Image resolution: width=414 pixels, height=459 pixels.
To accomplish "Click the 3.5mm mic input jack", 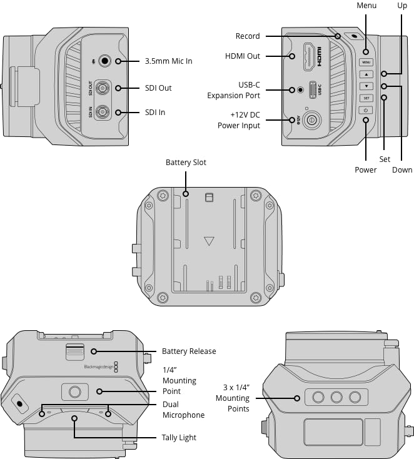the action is click(104, 61).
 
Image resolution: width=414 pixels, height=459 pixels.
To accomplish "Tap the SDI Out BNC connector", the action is click(103, 88).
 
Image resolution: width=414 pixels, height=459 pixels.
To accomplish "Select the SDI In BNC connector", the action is click(103, 112).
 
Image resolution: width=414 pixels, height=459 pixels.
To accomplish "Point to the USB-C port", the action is click(313, 89).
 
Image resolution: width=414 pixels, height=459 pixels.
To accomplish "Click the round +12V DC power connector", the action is click(311, 120).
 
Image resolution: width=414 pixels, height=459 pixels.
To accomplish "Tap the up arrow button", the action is click(366, 74).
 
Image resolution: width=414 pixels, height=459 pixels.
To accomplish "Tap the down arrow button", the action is click(366, 86).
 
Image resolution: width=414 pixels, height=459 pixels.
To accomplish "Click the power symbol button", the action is click(366, 110).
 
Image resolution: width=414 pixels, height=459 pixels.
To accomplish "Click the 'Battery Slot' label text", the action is click(186, 163).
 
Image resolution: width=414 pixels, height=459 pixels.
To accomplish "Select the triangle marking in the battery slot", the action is click(209, 241).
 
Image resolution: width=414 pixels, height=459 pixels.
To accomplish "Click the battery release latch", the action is click(75, 351).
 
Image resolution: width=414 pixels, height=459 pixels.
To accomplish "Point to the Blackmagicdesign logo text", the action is click(98, 367).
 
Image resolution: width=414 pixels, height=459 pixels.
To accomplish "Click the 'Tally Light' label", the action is click(179, 437).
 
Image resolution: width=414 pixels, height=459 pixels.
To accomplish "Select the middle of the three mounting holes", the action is click(336, 397).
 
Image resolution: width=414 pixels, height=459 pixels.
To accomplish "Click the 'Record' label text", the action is click(248, 36).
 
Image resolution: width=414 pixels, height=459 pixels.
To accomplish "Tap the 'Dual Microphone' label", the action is click(183, 410).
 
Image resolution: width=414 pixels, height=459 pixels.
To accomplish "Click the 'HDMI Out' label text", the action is click(243, 56).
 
